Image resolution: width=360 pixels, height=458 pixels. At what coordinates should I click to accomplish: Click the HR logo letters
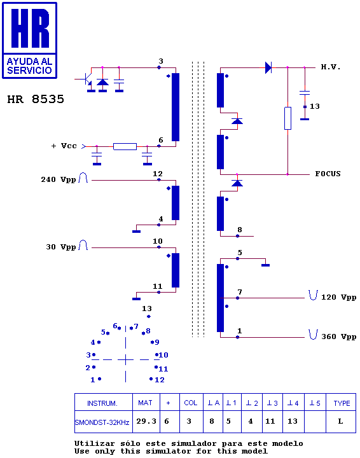point(30,28)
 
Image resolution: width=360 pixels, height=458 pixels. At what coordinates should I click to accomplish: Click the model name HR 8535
point(36,99)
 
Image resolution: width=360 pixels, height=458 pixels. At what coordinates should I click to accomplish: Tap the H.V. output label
point(331,67)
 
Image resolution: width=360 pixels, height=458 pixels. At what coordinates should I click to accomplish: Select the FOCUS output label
point(328,174)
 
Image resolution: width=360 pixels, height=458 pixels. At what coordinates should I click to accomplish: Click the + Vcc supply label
point(64,146)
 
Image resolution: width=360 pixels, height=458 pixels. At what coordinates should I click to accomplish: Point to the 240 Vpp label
point(59,179)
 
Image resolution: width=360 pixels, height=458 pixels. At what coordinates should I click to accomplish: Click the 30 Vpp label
point(60,247)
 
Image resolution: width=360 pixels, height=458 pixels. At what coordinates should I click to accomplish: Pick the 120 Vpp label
point(338,297)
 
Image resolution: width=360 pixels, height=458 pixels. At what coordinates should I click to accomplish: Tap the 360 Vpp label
point(338,337)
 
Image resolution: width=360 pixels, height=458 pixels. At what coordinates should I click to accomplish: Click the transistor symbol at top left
point(87,79)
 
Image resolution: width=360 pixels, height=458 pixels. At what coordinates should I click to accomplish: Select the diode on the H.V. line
point(268,67)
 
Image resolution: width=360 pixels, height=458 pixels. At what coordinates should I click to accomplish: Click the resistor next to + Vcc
point(125,146)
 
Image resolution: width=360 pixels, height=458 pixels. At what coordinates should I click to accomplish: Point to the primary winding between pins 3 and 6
point(176,107)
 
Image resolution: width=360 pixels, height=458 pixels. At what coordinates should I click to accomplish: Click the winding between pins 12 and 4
point(176,203)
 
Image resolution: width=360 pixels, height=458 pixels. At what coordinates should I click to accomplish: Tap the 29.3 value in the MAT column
point(146,421)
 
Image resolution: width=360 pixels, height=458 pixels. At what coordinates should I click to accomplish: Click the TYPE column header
point(342,403)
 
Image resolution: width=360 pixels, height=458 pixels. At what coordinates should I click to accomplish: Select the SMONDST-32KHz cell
point(102,422)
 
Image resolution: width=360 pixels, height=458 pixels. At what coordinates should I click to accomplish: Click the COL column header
point(191,403)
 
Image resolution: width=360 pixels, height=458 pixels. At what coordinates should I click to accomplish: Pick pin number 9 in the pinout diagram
point(157,342)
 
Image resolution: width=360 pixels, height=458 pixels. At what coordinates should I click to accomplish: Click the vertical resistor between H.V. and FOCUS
point(287,118)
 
